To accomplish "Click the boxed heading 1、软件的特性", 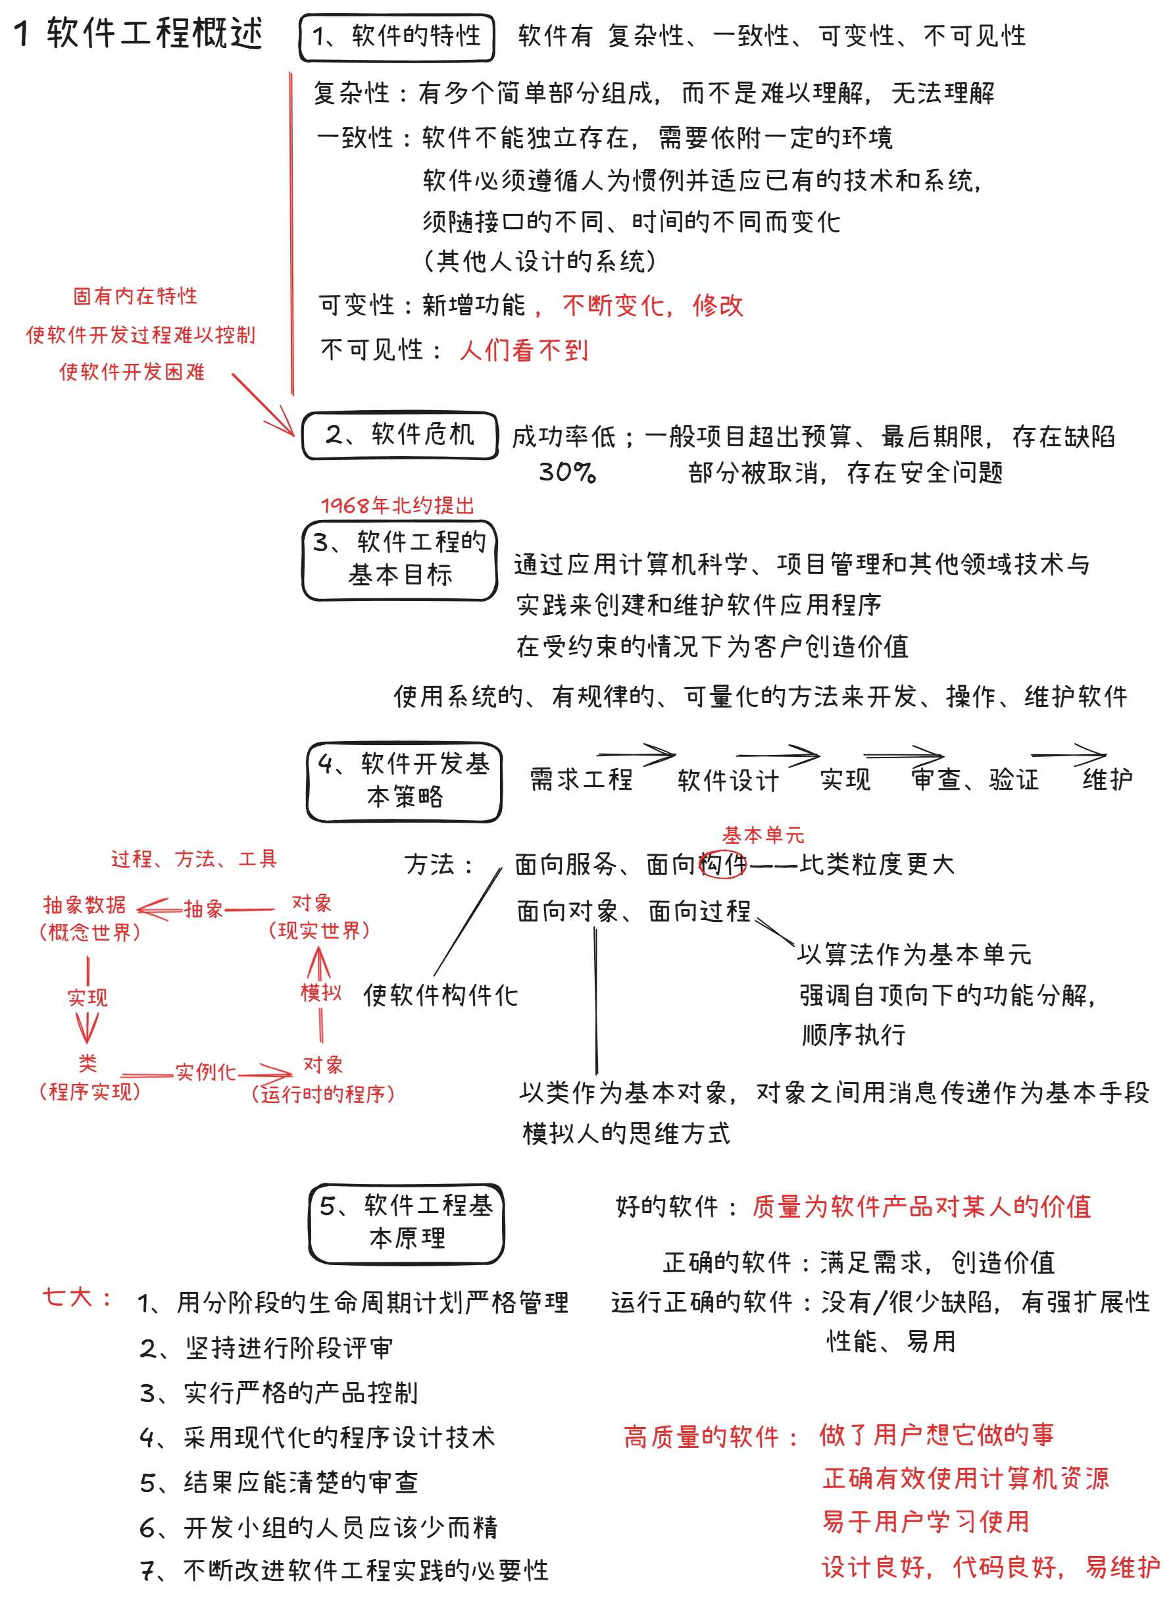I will [x=396, y=37].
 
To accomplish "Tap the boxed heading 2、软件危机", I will [x=400, y=434].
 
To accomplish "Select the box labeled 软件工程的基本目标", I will [x=400, y=560].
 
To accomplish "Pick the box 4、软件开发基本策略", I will [x=404, y=781].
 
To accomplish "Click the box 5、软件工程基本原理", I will [x=406, y=1223].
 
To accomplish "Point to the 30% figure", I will [x=567, y=472].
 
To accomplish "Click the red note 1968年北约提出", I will [x=397, y=505].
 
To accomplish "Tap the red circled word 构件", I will [x=722, y=864].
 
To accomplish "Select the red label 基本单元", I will [x=763, y=835].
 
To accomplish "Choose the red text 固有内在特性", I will [x=135, y=296].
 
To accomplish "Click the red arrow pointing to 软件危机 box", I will [x=264, y=404].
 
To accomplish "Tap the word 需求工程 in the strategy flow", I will [x=581, y=779].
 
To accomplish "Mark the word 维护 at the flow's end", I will [x=1107, y=779].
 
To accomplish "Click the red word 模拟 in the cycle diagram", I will [x=321, y=993].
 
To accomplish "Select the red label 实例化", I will [x=205, y=1072].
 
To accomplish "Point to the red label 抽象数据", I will [x=85, y=905].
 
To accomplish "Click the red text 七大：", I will [x=76, y=1297].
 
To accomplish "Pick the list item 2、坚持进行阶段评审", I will [x=266, y=1347].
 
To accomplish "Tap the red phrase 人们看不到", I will [x=524, y=350].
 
